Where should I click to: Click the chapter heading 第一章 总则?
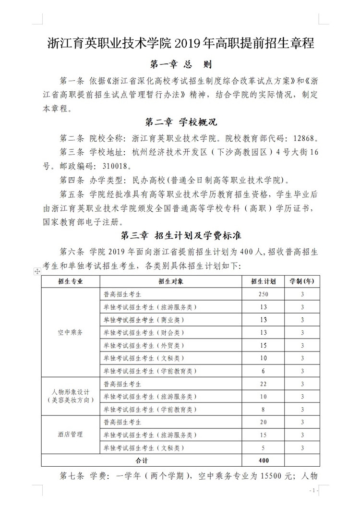[180, 64]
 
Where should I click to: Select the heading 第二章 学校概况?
[180, 122]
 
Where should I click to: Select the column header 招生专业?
[70, 281]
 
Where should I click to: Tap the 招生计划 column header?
[263, 281]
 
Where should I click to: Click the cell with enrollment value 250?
[263, 294]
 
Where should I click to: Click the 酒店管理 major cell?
[70, 434]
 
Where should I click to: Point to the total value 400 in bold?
[263, 460]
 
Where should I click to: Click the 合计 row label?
[142, 460]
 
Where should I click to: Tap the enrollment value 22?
[263, 384]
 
